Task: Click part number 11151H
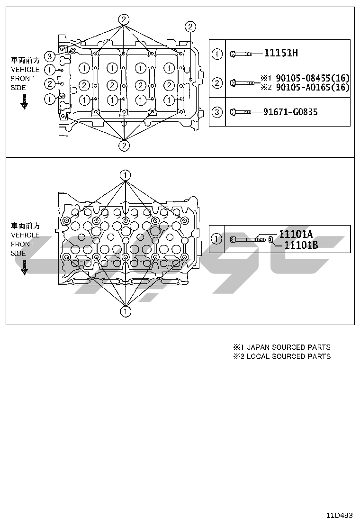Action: [281, 53]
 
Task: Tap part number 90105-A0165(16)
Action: [312, 87]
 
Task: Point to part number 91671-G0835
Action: [290, 112]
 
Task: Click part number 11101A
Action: [296, 234]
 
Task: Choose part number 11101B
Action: [301, 245]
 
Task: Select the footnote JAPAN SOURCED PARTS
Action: [288, 347]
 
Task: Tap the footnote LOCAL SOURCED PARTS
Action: [288, 356]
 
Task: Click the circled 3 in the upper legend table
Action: [216, 112]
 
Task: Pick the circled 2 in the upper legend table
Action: [216, 83]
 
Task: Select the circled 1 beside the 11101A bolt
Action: [216, 238]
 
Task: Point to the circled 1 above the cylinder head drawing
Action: [125, 175]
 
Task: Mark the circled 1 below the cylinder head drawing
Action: [125, 311]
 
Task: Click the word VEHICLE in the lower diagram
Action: [25, 235]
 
